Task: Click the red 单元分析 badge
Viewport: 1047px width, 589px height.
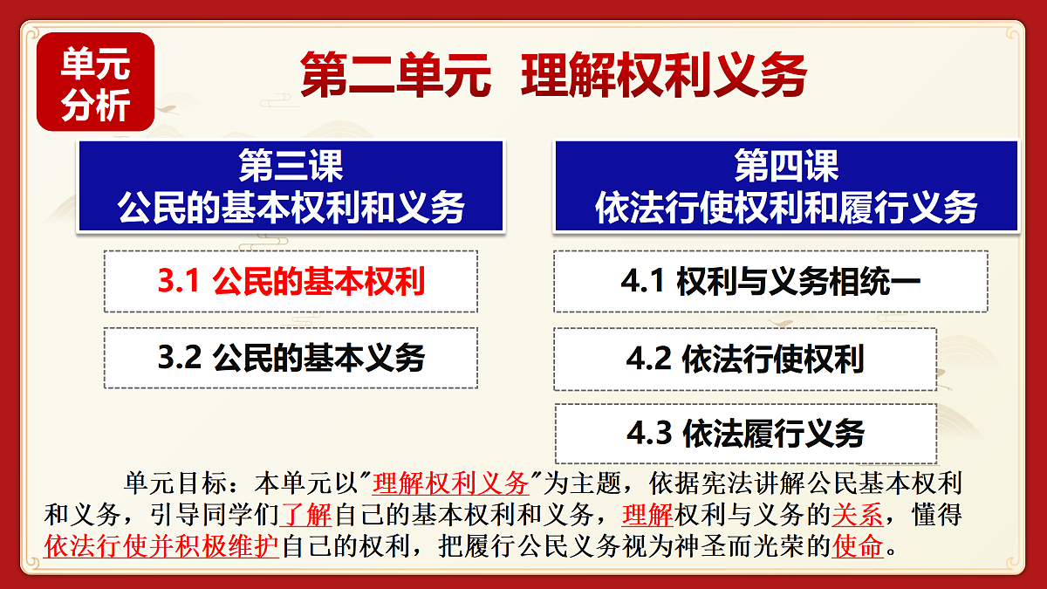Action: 95,82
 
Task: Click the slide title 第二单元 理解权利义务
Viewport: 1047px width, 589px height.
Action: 553,75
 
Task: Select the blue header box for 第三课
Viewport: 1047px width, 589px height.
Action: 291,186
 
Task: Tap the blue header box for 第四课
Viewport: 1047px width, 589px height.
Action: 786,186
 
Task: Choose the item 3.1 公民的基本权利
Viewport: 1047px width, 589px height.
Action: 291,282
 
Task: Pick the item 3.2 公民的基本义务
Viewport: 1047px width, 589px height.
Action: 291,358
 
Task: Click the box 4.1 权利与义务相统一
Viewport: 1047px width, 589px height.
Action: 770,282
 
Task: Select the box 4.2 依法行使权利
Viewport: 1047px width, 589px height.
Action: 745,359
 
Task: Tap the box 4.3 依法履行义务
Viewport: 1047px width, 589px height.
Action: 745,434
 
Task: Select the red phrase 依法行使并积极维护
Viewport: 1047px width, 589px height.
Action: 161,547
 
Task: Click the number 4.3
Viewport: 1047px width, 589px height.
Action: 648,434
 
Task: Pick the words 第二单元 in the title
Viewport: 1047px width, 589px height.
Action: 394,75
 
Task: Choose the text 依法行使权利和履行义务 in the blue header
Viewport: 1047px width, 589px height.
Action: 786,209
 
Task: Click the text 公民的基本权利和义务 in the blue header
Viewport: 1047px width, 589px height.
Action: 291,209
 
